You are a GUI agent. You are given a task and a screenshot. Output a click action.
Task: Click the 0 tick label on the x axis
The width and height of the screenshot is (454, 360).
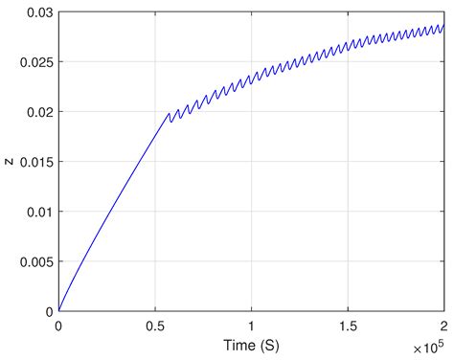(x=58, y=325)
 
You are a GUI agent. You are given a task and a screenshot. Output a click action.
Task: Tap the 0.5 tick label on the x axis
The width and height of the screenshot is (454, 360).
(x=155, y=325)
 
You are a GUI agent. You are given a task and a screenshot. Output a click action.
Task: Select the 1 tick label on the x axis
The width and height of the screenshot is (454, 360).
(x=252, y=325)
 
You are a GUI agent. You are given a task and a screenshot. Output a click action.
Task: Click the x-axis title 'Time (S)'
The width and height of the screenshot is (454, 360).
(x=252, y=342)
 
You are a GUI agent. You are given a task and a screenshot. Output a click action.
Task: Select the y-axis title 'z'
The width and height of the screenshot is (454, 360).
(x=9, y=161)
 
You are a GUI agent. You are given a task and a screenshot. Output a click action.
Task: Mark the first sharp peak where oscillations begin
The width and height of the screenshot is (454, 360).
(x=169, y=113)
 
